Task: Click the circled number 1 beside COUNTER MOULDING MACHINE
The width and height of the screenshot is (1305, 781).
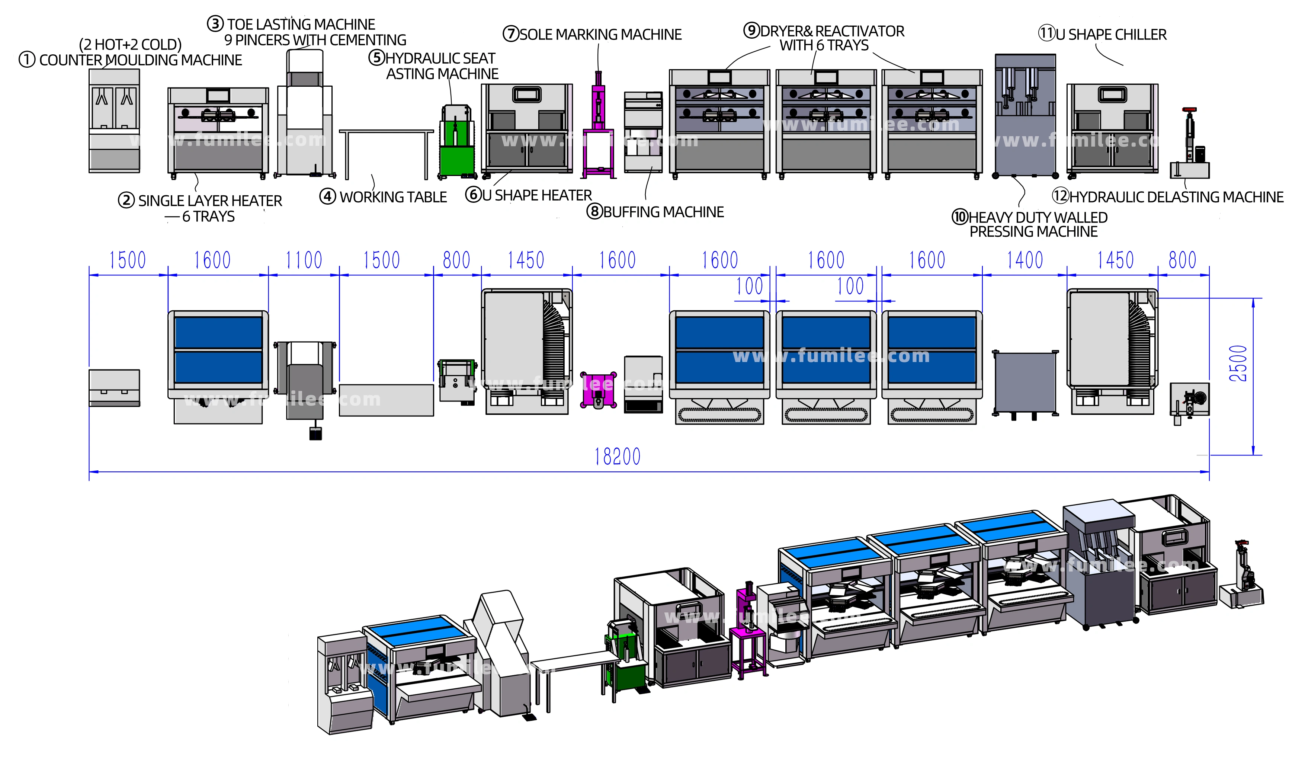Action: [x=27, y=60]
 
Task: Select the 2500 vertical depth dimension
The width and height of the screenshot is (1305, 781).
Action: [x=1238, y=364]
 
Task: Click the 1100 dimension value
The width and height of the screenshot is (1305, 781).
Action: [x=304, y=260]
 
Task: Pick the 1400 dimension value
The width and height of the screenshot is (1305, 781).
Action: [x=1024, y=260]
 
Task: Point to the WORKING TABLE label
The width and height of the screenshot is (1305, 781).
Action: [x=393, y=197]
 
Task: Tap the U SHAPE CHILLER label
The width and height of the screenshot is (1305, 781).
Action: [x=1110, y=35]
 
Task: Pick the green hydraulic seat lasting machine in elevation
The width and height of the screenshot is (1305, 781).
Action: [x=455, y=142]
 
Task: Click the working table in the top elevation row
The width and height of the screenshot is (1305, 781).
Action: [x=386, y=153]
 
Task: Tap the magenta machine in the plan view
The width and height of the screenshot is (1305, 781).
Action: [x=598, y=390]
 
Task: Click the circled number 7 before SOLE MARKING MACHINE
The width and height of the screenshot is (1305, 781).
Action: [x=511, y=34]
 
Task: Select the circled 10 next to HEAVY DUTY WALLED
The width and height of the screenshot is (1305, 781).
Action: [x=960, y=217]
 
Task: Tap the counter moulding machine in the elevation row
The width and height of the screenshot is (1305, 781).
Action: [x=114, y=121]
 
